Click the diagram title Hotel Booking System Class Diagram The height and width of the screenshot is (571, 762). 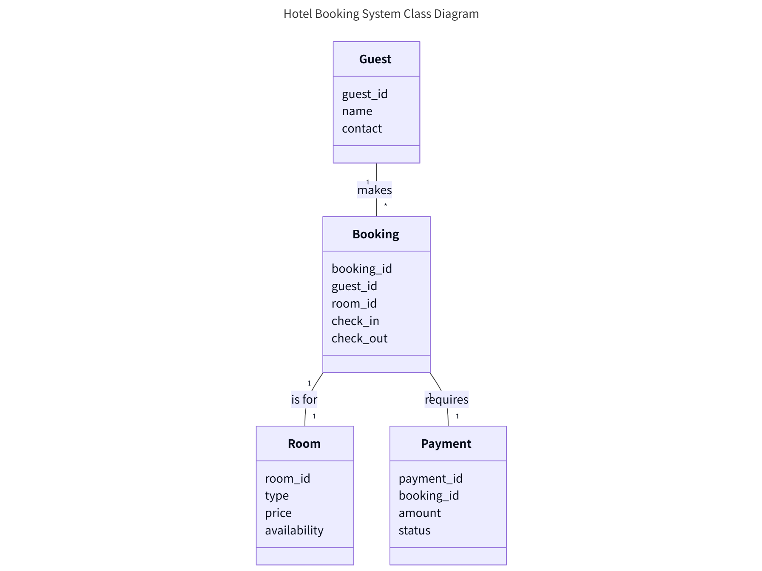point(381,14)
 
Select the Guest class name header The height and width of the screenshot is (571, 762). point(375,59)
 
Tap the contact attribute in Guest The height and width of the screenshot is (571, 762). point(362,128)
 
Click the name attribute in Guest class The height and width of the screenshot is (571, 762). point(357,111)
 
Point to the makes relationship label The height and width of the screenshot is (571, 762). point(374,190)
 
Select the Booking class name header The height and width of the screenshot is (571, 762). point(375,234)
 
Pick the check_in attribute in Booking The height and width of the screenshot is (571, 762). point(355,321)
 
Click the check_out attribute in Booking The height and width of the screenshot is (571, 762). point(359,338)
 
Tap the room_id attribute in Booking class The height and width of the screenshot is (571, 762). point(354,303)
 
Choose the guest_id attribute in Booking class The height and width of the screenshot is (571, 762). point(354,286)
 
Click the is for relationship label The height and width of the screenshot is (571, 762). point(304,399)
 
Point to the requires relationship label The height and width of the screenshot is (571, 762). point(446,399)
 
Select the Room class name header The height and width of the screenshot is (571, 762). point(304,444)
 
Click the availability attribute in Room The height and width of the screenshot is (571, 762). point(294,530)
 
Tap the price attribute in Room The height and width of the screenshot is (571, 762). point(278,513)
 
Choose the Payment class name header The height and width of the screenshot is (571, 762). point(446,444)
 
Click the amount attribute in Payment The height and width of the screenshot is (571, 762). point(419,513)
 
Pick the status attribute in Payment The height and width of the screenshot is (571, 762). point(414,530)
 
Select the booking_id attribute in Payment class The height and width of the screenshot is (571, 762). point(429,495)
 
